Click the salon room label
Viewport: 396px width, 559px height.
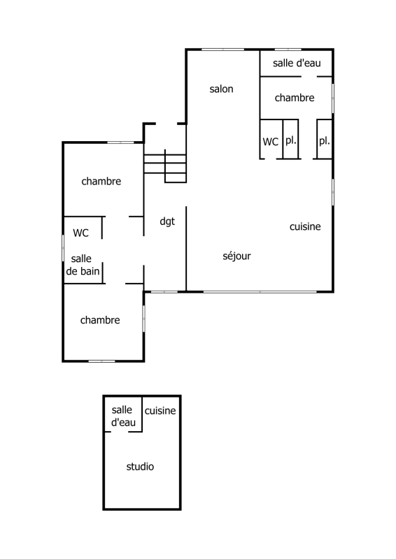221,89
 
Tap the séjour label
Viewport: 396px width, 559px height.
236,256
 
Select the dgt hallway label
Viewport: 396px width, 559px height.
167,222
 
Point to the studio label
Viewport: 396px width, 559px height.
140,466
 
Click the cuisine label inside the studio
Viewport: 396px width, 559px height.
160,411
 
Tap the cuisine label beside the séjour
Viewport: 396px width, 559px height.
305,226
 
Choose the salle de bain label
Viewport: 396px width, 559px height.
83,265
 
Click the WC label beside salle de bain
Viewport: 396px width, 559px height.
80,233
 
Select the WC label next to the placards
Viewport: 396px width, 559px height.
270,142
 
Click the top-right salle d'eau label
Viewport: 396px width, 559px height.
297,63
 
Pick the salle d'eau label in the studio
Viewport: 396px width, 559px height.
123,416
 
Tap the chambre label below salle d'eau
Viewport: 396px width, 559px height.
295,98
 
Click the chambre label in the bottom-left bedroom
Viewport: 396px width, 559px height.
100,320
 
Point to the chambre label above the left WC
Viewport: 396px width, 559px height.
101,181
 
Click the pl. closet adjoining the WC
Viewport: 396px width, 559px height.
290,139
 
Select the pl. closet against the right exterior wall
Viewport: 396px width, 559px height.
324,139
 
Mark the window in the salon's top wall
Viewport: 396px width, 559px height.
222,49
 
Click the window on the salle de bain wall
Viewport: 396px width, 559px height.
63,248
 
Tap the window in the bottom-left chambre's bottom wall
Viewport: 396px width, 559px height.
101,361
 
